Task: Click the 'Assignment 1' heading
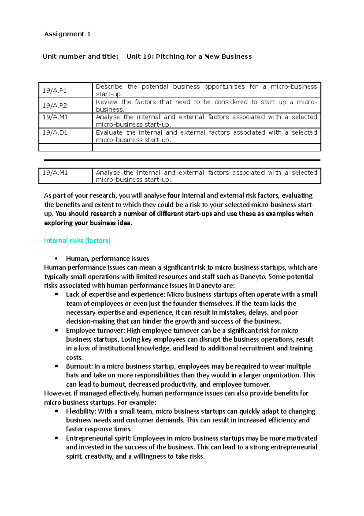(x=67, y=34)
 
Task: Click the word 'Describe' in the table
(x=109, y=87)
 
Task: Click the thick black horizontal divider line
(x=182, y=160)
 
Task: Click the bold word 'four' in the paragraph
(x=174, y=195)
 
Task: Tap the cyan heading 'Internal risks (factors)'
(x=77, y=240)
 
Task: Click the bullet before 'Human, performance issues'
(x=56, y=259)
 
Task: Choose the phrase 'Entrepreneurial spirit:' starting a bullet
(x=99, y=438)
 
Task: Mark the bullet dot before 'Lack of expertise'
(x=56, y=294)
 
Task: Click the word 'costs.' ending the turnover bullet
(x=74, y=357)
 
